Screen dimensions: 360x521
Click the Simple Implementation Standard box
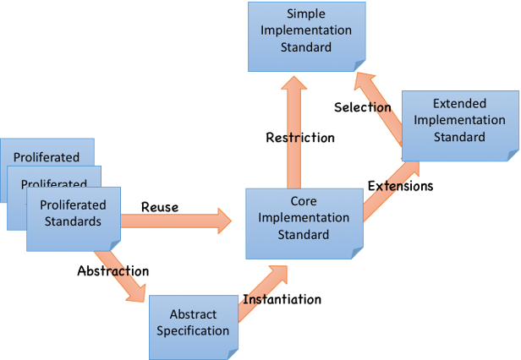tap(306, 35)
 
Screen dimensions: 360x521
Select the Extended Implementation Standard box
tap(459, 124)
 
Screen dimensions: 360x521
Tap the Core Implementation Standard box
tap(304, 222)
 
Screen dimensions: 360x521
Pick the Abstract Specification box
tap(193, 321)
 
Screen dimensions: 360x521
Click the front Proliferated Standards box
tap(73, 219)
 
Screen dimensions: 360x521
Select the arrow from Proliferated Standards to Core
tap(176, 222)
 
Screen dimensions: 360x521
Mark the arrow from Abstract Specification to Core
tap(260, 293)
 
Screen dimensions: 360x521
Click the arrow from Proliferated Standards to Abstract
tap(120, 274)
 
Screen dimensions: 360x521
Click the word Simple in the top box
tap(306, 15)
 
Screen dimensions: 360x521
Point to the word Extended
tap(459, 104)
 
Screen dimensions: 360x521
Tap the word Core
tap(304, 202)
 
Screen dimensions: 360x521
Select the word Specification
tap(193, 330)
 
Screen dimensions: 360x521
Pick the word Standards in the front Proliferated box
tap(73, 222)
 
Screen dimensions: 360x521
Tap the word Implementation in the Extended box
tap(459, 120)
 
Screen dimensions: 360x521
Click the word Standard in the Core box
tap(304, 234)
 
